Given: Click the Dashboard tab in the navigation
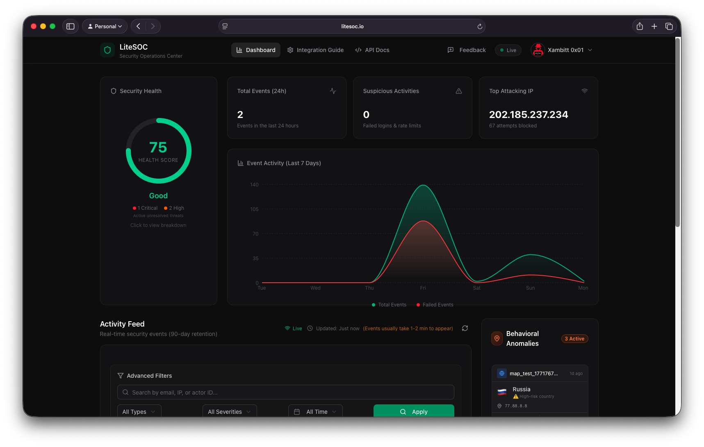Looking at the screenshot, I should (256, 50).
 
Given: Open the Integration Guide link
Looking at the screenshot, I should (315, 50).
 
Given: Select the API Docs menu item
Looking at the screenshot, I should (372, 50).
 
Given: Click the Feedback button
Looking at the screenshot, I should (467, 50).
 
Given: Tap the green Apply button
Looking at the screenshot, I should (414, 411).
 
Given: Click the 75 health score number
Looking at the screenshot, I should (158, 147).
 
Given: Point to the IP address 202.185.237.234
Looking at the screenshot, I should (529, 115).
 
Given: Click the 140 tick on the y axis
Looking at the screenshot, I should (254, 185).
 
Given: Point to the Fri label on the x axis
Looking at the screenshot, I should (423, 288).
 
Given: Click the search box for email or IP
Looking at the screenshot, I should (286, 392).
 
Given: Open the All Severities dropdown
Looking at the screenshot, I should (230, 411).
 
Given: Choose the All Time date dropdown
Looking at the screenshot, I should (315, 411).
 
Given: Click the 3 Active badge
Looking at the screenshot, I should (574, 339).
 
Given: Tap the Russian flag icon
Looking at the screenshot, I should (502, 392).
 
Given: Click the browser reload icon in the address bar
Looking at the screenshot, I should (480, 27).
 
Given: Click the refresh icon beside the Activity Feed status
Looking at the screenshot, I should (465, 328).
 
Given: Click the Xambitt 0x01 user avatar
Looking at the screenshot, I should (538, 50).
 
